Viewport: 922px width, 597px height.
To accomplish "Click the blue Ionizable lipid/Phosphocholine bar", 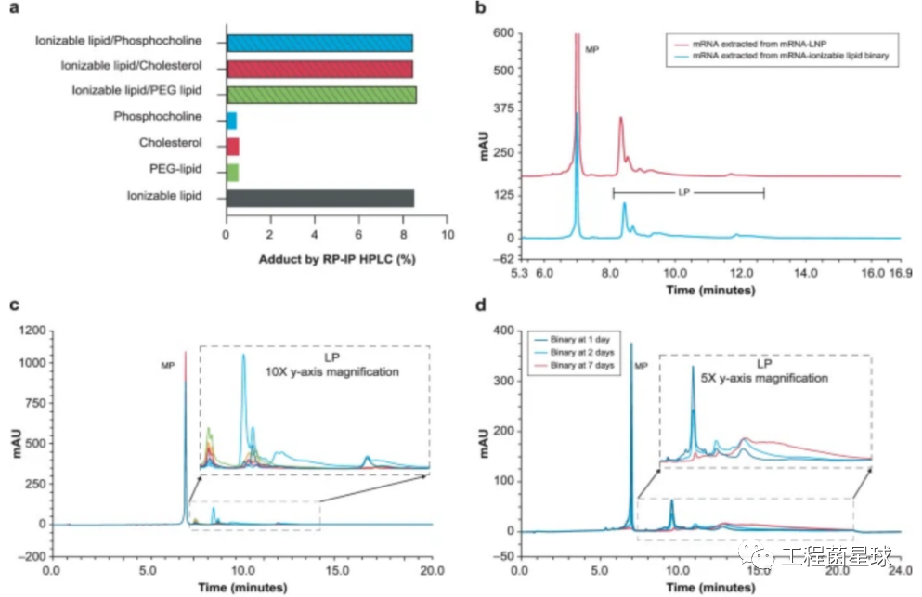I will [x=319, y=43].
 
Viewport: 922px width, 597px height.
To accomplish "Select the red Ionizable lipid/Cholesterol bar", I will [x=319, y=68].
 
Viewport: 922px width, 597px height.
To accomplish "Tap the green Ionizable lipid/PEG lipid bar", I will [x=321, y=93].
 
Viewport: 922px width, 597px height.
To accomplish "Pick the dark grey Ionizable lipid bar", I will [x=319, y=197].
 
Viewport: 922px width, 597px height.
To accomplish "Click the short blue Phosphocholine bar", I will [x=231, y=120].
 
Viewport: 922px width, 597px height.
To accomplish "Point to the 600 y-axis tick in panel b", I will [x=504, y=32].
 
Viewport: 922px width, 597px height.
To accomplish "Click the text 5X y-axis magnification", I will [x=765, y=379].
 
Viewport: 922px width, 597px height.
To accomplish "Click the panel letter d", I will [x=479, y=305].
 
